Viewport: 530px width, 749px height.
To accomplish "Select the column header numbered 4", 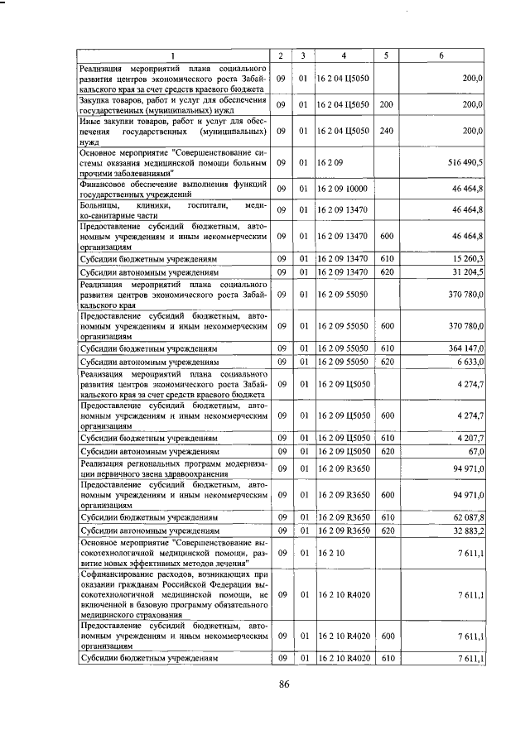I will pyautogui.click(x=344, y=55).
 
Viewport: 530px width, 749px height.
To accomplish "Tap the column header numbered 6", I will pyautogui.click(x=441, y=55).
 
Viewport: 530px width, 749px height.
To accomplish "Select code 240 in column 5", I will pyautogui.click(x=385, y=130).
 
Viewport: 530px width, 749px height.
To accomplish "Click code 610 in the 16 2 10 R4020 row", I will pyautogui.click(x=385, y=659).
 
